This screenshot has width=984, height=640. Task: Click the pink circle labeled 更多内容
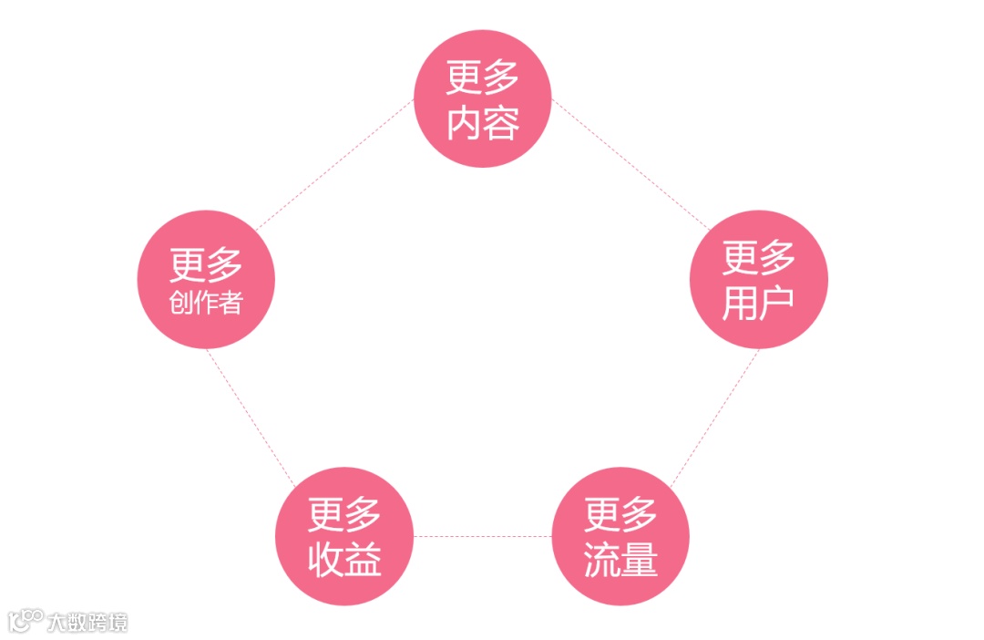tap(483, 98)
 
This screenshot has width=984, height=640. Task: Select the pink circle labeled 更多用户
tap(759, 280)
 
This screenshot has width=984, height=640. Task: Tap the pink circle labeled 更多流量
tap(621, 536)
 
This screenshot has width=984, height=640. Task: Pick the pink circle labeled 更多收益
tap(344, 536)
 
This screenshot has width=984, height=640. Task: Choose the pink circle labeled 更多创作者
tap(206, 280)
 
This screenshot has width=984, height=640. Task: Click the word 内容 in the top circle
tap(483, 124)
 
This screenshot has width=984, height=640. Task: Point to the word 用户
tap(759, 305)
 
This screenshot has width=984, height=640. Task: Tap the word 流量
tap(621, 561)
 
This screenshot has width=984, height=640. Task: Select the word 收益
tap(344, 561)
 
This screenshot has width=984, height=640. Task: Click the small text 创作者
tap(206, 303)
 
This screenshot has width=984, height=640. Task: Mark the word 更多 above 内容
tap(483, 78)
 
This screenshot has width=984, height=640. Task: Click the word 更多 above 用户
tap(759, 259)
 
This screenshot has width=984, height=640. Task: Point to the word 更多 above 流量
tap(621, 515)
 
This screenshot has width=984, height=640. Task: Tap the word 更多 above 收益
tap(344, 515)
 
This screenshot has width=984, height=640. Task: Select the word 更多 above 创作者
tap(206, 265)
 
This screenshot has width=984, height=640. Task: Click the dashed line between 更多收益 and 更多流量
tap(483, 536)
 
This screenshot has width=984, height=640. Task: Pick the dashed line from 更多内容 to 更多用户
tap(629, 164)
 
